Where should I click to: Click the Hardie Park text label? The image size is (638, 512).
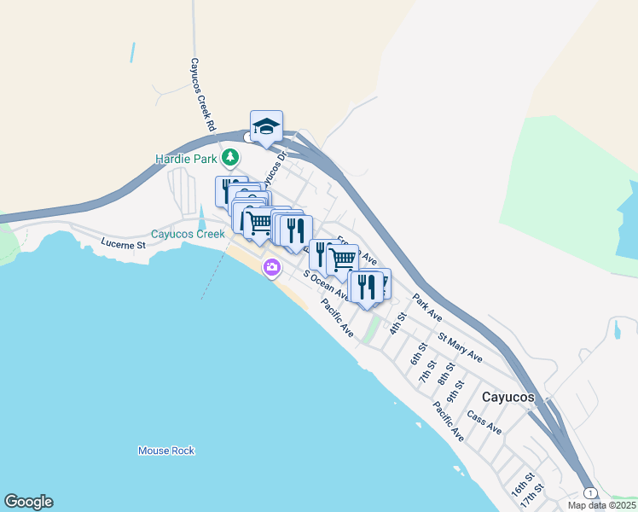(185, 159)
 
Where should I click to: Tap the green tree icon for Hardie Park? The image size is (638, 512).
(230, 158)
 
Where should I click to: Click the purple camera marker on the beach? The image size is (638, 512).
(272, 268)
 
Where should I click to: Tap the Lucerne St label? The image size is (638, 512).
(125, 244)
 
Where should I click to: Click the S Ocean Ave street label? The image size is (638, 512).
(325, 286)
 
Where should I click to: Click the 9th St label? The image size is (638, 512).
(457, 389)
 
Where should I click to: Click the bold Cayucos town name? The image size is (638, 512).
(507, 398)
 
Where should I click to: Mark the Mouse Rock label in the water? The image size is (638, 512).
(166, 451)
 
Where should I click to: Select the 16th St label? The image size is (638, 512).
(521, 485)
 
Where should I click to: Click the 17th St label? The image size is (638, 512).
(533, 496)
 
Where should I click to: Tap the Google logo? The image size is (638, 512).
(28, 502)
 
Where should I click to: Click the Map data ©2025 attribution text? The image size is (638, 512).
(601, 505)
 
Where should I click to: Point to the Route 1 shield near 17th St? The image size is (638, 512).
(589, 492)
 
